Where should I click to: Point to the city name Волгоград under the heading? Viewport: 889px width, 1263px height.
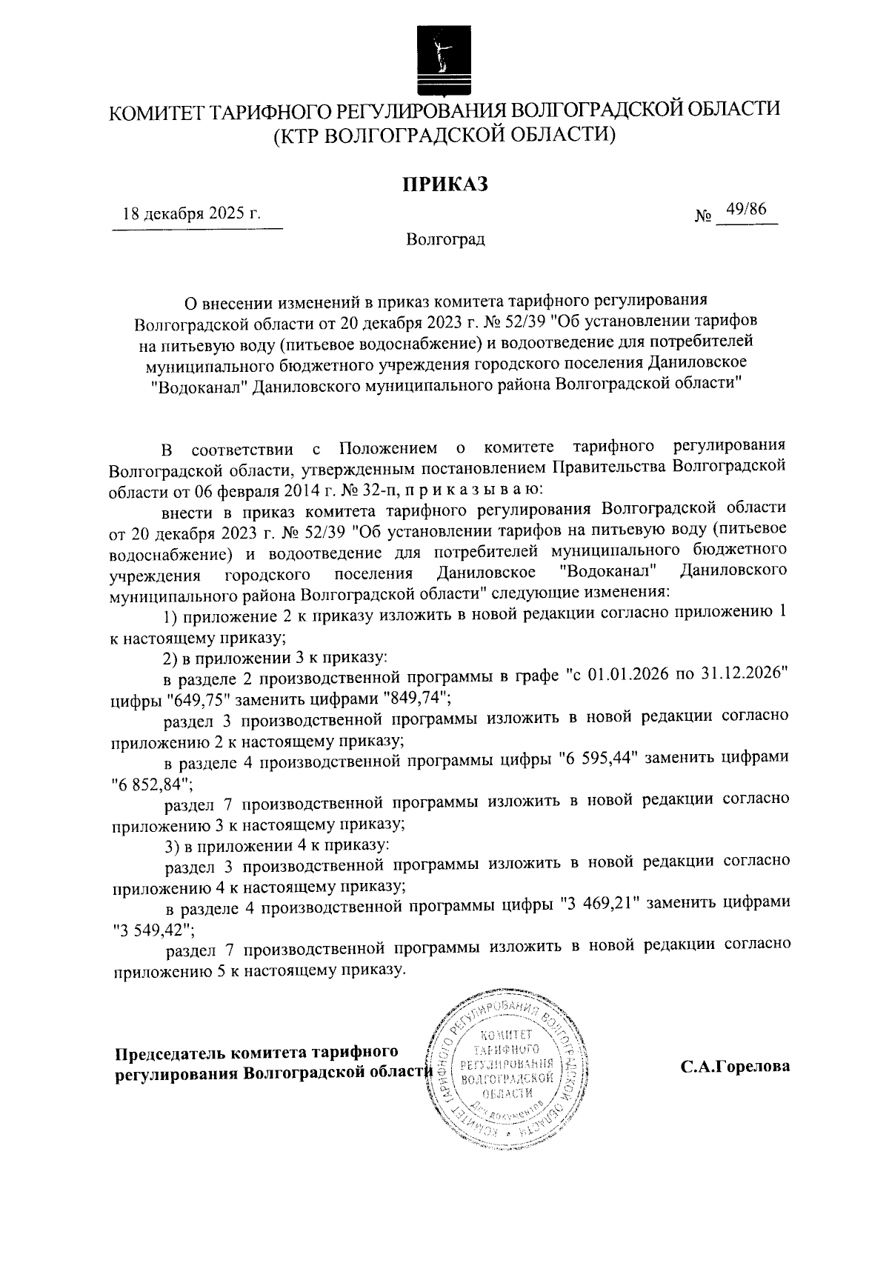pos(444,239)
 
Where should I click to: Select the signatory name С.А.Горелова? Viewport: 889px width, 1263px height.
pos(735,1067)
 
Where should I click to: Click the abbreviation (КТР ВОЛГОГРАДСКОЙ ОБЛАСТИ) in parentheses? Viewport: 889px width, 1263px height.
pos(444,136)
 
